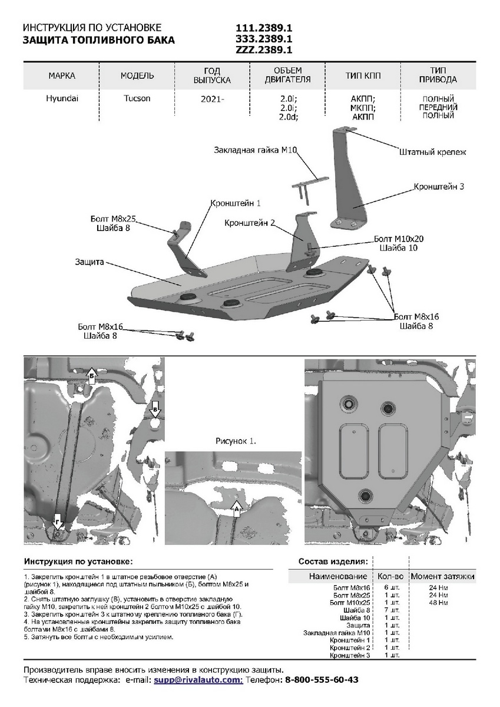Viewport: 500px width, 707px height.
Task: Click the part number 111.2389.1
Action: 264,28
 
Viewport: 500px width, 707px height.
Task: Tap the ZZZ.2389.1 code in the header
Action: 264,50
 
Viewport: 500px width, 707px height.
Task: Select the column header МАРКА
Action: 62,76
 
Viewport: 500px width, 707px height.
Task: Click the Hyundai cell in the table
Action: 62,98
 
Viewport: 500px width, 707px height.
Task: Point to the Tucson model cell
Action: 137,98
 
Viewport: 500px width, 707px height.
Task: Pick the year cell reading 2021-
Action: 213,99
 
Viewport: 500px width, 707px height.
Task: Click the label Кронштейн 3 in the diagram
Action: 439,186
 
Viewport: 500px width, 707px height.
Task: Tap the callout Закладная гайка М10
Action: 254,151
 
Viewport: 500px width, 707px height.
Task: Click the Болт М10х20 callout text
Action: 399,239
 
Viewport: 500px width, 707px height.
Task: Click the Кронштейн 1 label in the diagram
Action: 236,203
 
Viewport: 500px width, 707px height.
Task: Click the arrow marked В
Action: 155,408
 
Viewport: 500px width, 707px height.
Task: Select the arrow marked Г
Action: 58,521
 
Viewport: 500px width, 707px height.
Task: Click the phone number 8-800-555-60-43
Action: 322,679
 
